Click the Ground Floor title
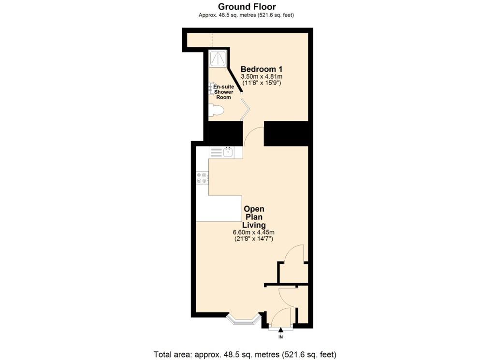point(247,7)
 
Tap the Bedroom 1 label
point(262,69)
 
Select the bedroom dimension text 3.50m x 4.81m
point(262,77)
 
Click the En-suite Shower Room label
point(223,92)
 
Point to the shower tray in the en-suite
point(218,58)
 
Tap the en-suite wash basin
point(211,89)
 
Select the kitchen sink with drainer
point(221,152)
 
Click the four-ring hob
point(202,177)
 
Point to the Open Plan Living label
point(254,217)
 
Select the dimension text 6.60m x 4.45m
point(253,232)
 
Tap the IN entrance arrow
point(281,330)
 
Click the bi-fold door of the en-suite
point(245,110)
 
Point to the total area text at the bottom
point(245,354)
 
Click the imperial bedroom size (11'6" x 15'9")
point(262,83)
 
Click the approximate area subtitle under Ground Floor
point(246,15)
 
